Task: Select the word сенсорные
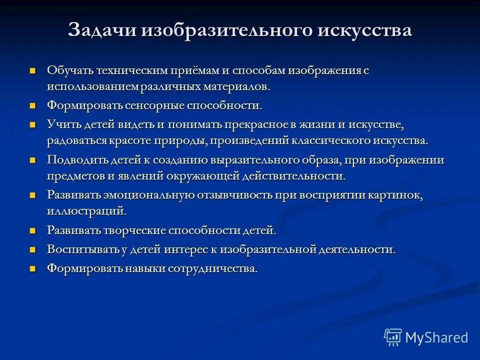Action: pos(153,106)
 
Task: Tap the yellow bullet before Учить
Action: pos(33,124)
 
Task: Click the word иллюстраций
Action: pos(86,211)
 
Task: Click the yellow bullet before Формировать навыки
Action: pos(33,268)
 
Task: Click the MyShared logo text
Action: pos(436,337)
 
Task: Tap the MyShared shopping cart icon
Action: pos(393,337)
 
